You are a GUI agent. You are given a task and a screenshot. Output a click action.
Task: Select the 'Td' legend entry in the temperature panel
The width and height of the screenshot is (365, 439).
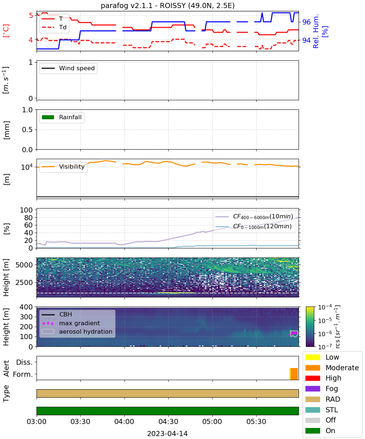click(x=54, y=27)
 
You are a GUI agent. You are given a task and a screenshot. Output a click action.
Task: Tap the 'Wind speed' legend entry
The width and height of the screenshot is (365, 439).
click(x=68, y=68)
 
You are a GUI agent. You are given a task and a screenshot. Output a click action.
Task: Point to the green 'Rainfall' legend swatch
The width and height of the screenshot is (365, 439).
click(x=48, y=117)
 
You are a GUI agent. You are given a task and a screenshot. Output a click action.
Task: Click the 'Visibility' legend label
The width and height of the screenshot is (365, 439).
click(x=72, y=166)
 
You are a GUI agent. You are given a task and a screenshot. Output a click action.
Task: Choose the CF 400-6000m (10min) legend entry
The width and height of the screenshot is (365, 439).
click(x=254, y=217)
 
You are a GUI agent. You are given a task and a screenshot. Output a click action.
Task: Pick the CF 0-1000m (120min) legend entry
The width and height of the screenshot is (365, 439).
click(x=254, y=226)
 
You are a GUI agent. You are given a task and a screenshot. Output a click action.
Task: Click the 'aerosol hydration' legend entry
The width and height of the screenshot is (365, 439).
click(x=77, y=331)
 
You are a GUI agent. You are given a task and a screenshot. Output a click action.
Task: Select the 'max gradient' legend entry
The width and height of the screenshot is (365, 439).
click(x=71, y=323)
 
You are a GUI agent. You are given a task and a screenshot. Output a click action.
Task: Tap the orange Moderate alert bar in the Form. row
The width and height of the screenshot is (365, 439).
click(x=294, y=374)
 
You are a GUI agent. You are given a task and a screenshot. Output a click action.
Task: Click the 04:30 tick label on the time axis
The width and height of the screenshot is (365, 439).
click(x=168, y=421)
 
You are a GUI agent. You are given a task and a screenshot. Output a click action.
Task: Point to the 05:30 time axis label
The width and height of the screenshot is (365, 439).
click(x=256, y=421)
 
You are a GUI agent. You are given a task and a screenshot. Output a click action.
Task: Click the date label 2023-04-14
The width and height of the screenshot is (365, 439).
click(x=168, y=434)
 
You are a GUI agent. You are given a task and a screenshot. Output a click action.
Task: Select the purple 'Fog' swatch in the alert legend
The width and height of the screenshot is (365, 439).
click(x=312, y=389)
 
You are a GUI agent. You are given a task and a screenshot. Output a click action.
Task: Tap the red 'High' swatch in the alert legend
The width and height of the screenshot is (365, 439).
click(x=312, y=378)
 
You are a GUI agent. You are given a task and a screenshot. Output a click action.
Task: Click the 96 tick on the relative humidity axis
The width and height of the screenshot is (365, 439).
click(x=306, y=22)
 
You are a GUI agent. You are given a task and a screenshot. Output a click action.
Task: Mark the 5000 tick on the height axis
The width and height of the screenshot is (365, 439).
click(x=24, y=265)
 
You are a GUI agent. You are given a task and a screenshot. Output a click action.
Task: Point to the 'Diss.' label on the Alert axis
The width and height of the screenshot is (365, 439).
click(x=24, y=362)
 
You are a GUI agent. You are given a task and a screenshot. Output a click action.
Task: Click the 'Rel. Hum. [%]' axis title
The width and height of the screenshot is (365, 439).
click(x=320, y=31)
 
